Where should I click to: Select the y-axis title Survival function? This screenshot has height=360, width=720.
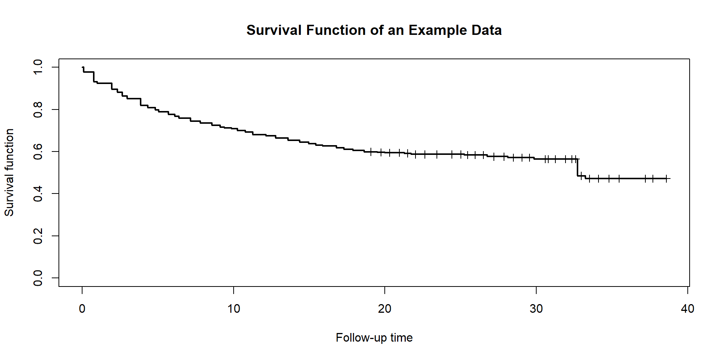[x=9, y=172]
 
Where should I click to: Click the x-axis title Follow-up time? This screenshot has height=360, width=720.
[x=374, y=337]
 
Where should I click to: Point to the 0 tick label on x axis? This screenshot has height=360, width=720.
[x=82, y=309]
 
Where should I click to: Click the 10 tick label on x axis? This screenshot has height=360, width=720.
[x=234, y=309]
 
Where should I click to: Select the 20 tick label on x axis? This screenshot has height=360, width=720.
[x=385, y=309]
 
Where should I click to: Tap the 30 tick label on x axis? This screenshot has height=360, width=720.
[x=536, y=309]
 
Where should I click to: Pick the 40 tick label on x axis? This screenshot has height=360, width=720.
[x=687, y=309]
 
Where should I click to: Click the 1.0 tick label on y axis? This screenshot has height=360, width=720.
[x=38, y=67]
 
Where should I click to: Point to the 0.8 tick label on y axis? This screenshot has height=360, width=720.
[x=38, y=109]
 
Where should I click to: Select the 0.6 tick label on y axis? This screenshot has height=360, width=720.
[x=38, y=151]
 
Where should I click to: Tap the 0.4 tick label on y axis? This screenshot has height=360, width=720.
[x=38, y=193]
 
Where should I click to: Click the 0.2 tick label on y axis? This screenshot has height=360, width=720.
[x=38, y=236]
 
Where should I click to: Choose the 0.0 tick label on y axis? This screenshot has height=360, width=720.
[x=38, y=278]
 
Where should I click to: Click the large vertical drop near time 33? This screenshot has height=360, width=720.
[x=577, y=167]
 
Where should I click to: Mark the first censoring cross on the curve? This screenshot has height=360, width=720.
[x=370, y=151]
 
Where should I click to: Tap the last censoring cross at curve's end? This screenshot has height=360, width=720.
[x=666, y=178]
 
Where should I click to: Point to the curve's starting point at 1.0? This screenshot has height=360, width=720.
[x=82, y=67]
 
